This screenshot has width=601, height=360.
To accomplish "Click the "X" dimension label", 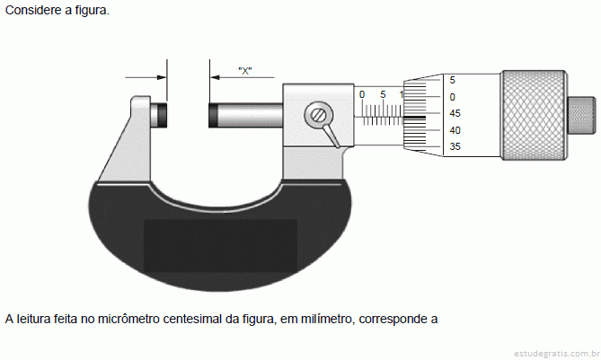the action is (245, 70).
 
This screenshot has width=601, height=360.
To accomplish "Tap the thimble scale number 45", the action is (455, 113).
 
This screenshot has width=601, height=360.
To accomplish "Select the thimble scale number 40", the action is (455, 130).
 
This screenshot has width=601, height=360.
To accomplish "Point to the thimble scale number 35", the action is (455, 146).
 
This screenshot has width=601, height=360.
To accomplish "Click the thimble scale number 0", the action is (452, 97).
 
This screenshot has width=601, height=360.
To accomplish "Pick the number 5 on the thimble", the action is (452, 80).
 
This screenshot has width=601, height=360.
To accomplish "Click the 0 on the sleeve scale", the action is (362, 94).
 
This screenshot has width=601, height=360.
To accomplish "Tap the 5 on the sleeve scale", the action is (383, 94).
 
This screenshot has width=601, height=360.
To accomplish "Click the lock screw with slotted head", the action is (319, 115).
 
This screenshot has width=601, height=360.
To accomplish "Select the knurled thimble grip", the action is (534, 115).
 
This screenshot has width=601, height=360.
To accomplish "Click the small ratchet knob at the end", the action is (581, 115).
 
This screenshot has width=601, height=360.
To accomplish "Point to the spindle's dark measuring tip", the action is (213, 115).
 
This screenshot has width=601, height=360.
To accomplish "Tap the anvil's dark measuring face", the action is (163, 115).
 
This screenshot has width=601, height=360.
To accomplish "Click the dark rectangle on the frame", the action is (220, 245).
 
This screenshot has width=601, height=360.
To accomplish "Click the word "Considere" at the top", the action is (33, 11).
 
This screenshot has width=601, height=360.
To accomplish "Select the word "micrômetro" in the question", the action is (128, 319).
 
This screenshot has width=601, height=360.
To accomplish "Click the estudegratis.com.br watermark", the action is (557, 353).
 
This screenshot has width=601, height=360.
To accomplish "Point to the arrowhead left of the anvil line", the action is (162, 77).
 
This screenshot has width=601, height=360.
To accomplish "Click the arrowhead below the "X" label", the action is (215, 77).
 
